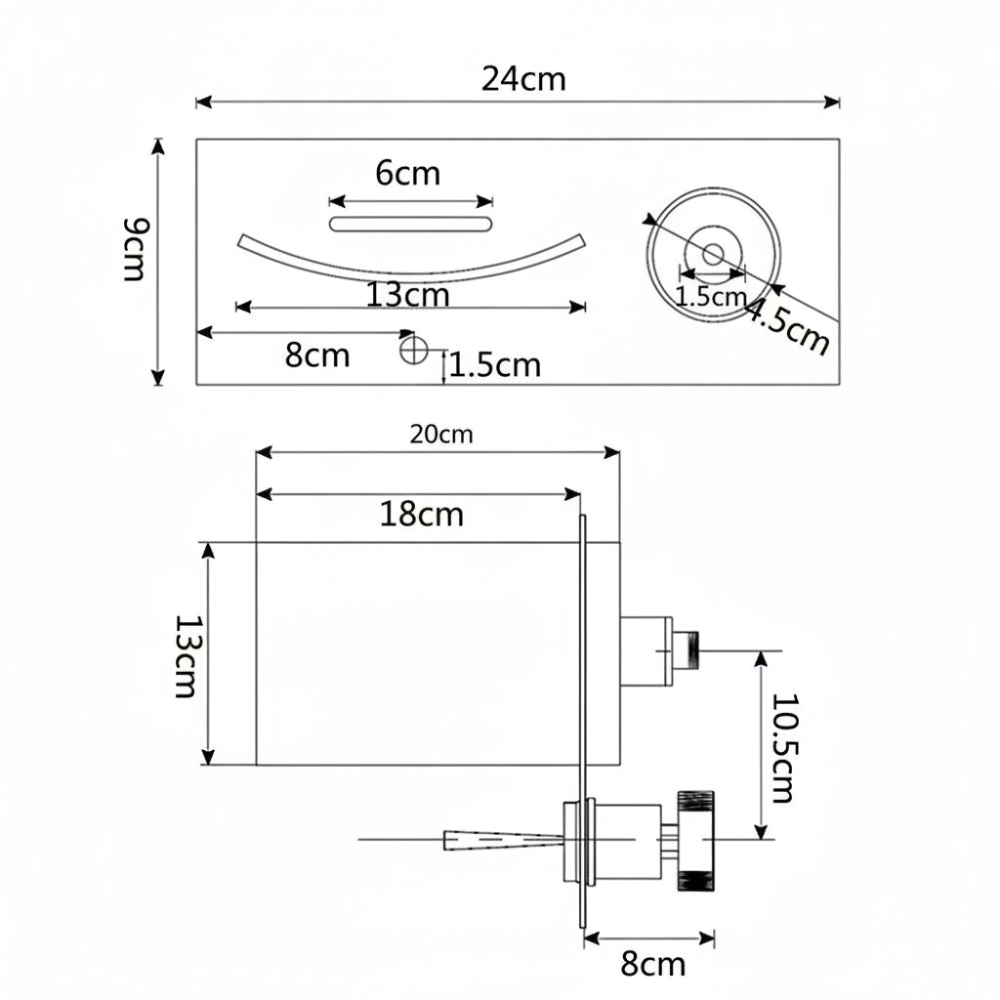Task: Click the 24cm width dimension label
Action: click(x=523, y=80)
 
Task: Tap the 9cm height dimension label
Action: click(x=135, y=249)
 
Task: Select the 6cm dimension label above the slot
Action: click(x=407, y=174)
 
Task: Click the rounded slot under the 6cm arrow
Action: click(x=411, y=224)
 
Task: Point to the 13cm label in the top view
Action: click(x=407, y=295)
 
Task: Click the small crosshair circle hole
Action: click(x=413, y=350)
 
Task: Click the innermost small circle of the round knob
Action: click(x=712, y=254)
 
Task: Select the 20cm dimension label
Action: click(x=441, y=435)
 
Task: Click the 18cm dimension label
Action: click(x=421, y=514)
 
